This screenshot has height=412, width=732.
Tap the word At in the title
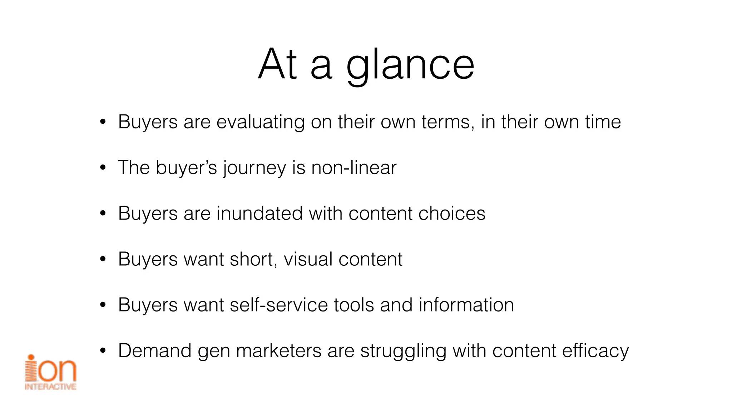(x=277, y=64)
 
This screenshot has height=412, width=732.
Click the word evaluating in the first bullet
(x=260, y=122)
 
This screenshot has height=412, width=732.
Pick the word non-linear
(x=354, y=168)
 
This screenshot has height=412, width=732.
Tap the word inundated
(x=259, y=214)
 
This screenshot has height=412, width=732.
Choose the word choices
(x=452, y=214)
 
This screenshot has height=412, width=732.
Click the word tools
(x=354, y=305)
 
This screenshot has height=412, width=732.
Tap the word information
(x=466, y=305)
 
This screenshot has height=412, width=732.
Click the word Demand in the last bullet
(x=155, y=351)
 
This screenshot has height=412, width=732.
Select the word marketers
(x=279, y=351)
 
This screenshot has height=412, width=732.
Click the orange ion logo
(x=51, y=372)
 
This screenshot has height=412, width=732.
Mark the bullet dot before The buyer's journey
(x=103, y=168)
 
